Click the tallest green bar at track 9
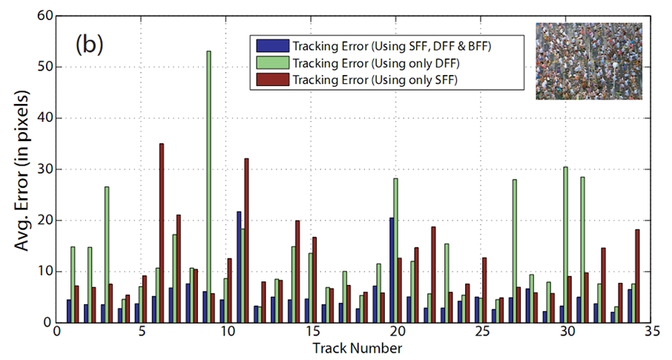pos(208,186)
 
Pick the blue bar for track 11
pos(239,267)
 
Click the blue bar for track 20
pos(392,270)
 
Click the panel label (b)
pos(88,45)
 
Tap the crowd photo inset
pos(588,61)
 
